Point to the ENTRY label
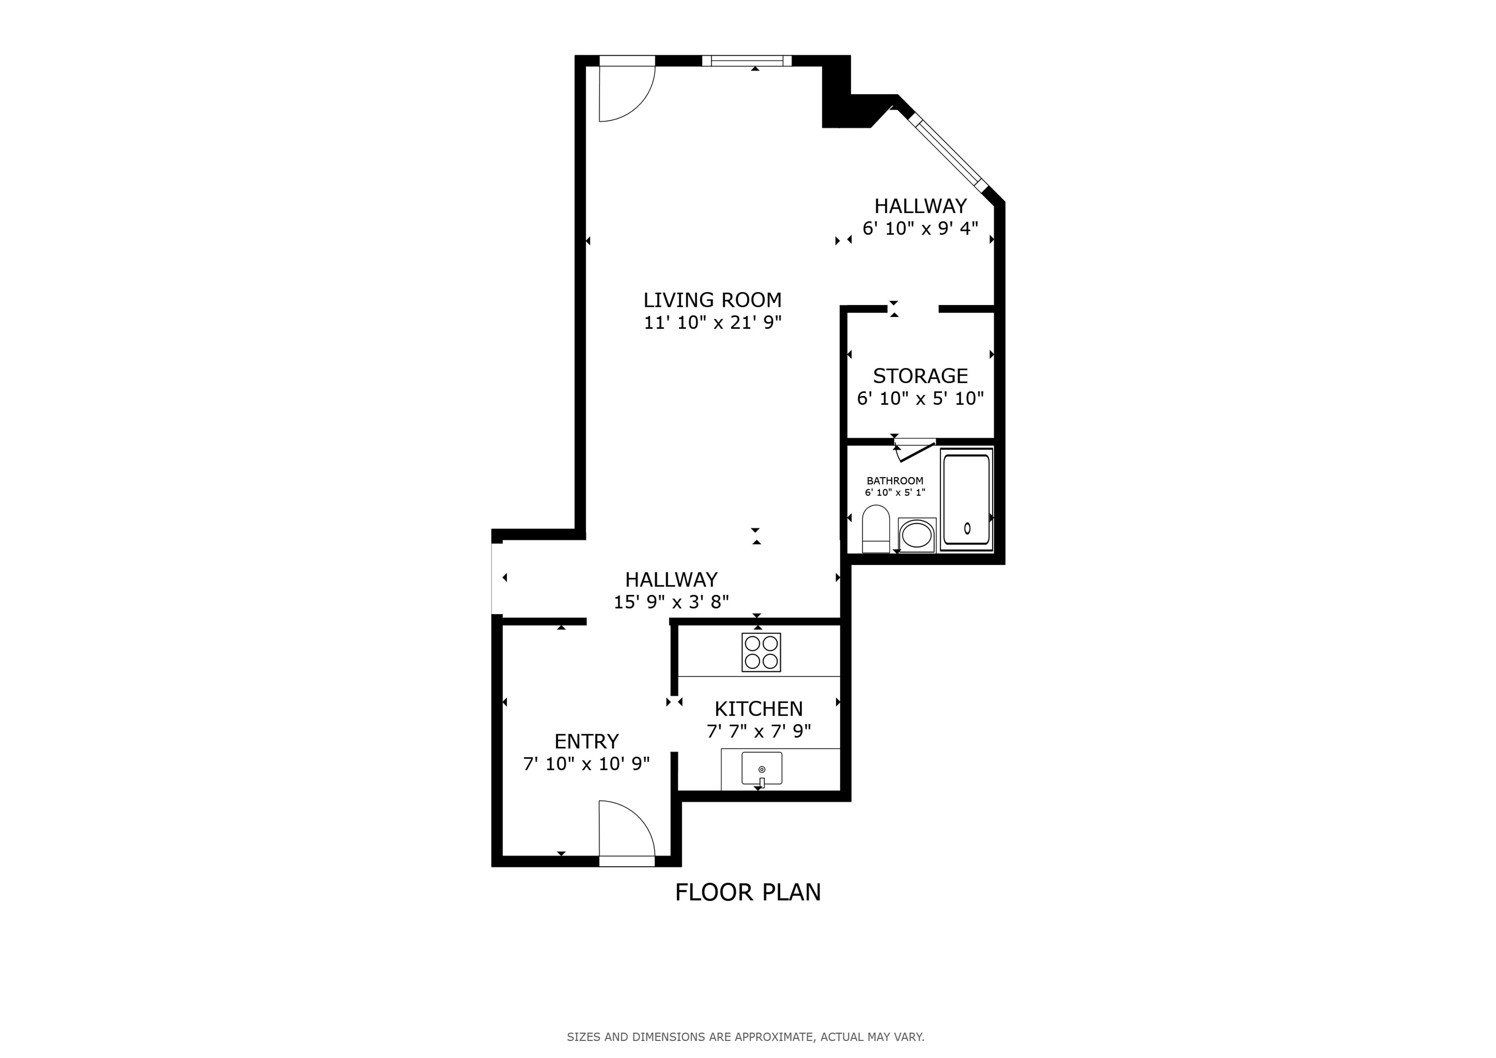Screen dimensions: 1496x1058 [x=586, y=741]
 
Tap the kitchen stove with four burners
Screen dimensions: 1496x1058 [x=761, y=652]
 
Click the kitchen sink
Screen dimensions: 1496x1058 [x=762, y=769]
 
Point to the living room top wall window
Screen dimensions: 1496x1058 [x=747, y=60]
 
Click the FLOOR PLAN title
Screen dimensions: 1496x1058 [x=748, y=892]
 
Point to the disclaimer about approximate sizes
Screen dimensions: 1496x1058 [x=745, y=1037]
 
